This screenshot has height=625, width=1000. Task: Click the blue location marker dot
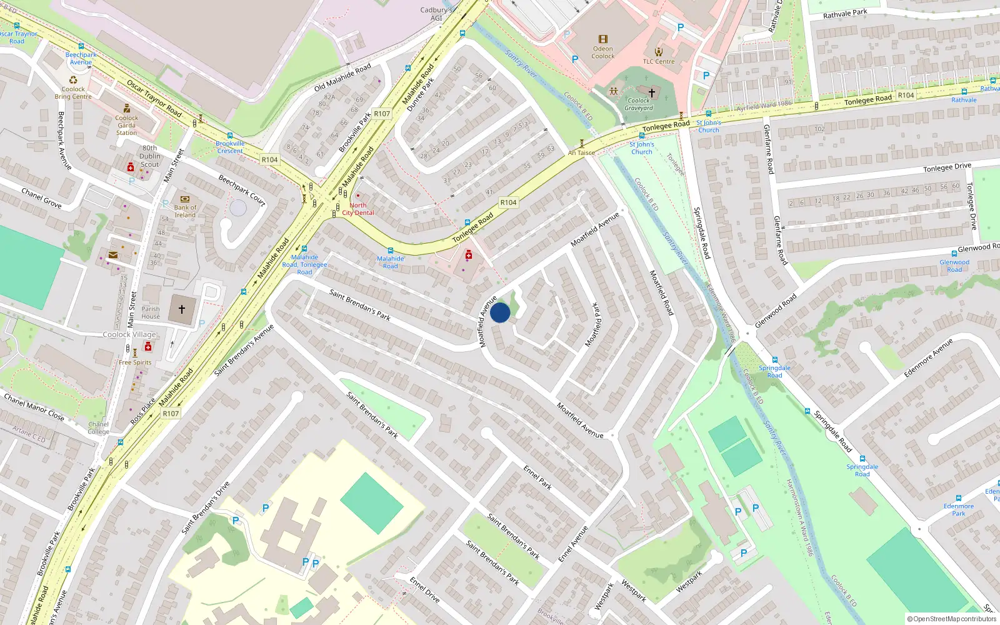(500, 312)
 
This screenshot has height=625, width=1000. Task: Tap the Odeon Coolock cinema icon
(602, 39)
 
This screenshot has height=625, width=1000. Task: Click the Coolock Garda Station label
(126, 125)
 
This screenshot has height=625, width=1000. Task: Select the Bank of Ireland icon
(185, 199)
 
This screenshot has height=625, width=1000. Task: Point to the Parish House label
(151, 312)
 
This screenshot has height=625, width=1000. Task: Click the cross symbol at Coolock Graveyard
(652, 92)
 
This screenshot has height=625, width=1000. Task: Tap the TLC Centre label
(659, 61)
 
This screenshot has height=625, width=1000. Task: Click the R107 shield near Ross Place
(171, 413)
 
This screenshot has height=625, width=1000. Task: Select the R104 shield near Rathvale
(906, 95)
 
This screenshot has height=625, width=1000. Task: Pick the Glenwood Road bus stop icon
(954, 254)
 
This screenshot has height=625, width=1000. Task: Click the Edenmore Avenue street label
(928, 358)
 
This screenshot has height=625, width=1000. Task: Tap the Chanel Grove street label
(41, 197)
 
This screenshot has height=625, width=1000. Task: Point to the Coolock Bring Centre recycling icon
(73, 80)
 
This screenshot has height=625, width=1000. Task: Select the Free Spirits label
(135, 362)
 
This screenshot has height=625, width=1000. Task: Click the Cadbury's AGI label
(436, 14)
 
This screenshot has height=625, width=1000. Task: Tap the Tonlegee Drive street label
(947, 167)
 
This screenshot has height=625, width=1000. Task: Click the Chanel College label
(98, 427)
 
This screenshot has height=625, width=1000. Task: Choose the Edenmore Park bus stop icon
(959, 499)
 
